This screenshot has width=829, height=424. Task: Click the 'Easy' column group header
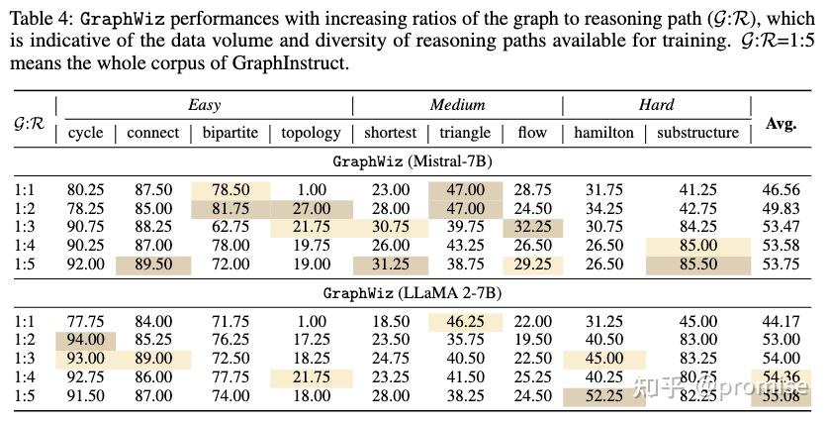204,105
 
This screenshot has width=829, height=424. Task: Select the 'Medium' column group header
457,105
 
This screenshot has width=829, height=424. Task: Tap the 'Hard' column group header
656,105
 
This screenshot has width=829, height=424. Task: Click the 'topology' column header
310,133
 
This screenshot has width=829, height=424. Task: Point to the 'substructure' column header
697,133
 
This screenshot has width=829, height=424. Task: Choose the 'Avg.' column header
781,125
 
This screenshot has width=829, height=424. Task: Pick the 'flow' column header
532,133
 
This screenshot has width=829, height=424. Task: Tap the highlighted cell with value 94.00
86,340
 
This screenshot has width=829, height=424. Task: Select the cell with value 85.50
698,265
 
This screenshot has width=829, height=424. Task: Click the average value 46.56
781,190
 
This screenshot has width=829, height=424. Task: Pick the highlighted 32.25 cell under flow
532,227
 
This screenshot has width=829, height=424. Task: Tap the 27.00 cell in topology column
310,209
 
